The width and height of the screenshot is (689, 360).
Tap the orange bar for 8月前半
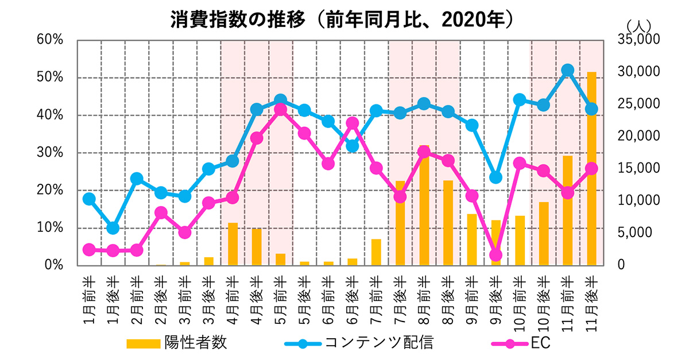click(x=424, y=218)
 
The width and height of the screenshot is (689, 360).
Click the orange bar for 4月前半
click(x=233, y=244)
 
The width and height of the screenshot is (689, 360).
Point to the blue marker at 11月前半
click(x=568, y=70)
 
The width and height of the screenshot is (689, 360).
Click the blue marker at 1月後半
click(x=113, y=228)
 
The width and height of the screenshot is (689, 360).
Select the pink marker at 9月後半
click(x=496, y=255)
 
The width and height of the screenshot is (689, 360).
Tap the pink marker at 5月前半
click(x=281, y=109)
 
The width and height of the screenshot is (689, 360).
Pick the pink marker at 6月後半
click(x=353, y=123)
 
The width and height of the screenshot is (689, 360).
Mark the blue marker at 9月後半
click(x=496, y=177)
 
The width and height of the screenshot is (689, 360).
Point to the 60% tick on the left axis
click(x=49, y=40)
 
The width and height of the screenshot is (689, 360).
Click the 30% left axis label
click(x=49, y=152)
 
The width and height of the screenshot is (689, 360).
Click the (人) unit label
click(x=638, y=25)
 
